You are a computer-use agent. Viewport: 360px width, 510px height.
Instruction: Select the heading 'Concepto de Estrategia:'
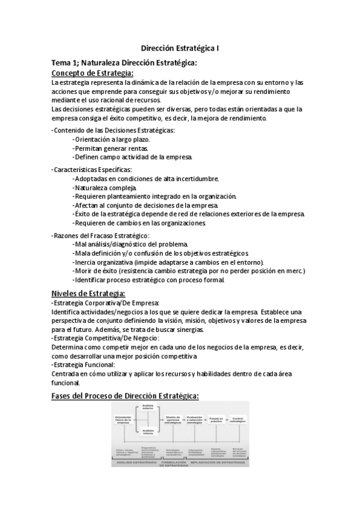[x=93, y=73]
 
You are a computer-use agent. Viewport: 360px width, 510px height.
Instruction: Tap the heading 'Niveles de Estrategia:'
[x=88, y=293]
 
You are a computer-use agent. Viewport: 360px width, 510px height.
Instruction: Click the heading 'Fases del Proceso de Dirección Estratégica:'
[x=125, y=395]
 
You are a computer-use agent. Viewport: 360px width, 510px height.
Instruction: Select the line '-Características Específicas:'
[x=92, y=170]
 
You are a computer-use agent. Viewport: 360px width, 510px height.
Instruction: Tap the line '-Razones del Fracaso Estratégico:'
[x=101, y=235]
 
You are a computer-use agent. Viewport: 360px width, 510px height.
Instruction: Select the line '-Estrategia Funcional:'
[x=84, y=365]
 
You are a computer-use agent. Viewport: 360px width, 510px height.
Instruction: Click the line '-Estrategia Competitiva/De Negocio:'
[x=106, y=339]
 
